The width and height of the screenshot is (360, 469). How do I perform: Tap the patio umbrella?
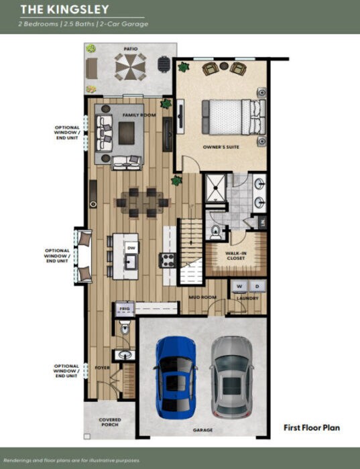[x=129, y=66]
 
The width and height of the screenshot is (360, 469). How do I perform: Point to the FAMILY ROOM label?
[x=139, y=115]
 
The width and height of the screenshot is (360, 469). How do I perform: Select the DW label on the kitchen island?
[x=131, y=247]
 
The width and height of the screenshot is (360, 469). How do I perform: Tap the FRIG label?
[x=123, y=308]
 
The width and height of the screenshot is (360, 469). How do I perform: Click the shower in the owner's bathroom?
[x=215, y=188]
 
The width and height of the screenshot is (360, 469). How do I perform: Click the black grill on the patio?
[x=163, y=64]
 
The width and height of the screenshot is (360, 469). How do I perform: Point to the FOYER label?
[x=101, y=367]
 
